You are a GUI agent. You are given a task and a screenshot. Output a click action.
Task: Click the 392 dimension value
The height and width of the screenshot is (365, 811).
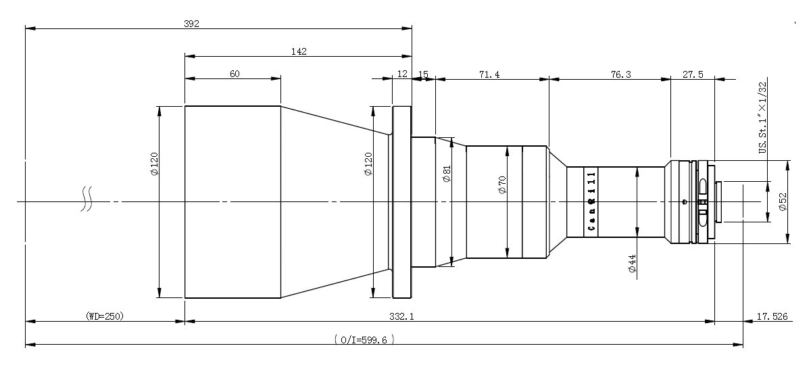coord(191,24)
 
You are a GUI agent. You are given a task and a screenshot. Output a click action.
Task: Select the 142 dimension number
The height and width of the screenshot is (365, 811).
coord(299,51)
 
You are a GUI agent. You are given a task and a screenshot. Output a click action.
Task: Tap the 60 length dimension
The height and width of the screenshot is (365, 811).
coord(235,74)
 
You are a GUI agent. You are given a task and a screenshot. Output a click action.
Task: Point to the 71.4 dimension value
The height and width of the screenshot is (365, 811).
coord(489,74)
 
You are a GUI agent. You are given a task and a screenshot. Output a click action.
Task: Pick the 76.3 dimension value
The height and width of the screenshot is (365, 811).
coord(620,74)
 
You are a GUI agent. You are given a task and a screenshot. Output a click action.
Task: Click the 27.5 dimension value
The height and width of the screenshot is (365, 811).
coord(693,74)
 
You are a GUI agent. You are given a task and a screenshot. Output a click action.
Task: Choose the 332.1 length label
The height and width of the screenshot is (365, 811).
coord(401,316)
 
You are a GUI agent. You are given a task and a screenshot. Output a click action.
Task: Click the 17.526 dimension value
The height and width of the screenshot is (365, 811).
coord(772,316)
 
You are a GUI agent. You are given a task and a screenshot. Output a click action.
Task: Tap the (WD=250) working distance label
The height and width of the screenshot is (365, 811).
coord(105,316)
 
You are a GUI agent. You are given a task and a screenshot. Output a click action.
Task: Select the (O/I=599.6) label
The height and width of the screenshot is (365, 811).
coord(364,339)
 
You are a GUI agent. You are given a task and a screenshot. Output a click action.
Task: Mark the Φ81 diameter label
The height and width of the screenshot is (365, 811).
coord(447,174)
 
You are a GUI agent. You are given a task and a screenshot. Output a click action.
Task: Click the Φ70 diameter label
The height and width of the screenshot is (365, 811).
coord(503,185)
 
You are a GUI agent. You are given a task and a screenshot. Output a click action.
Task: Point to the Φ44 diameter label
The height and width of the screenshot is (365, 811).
coord(632,263)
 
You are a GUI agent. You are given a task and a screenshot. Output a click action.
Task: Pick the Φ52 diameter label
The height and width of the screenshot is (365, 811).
coord(783,201)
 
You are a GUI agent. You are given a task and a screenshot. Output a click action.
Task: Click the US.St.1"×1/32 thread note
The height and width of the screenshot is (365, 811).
coord(762,118)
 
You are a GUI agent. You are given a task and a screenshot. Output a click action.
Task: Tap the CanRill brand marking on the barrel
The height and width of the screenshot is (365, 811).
coord(591,201)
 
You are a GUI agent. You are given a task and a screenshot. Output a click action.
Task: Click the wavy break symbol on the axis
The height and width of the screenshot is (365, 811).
coord(87,199)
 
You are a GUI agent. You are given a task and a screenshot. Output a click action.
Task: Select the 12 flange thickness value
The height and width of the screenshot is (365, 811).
coord(402,74)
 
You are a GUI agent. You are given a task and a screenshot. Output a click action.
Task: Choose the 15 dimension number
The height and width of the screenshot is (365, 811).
coord(423,74)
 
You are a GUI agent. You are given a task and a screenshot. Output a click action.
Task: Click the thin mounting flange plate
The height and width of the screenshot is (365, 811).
coord(402,202)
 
